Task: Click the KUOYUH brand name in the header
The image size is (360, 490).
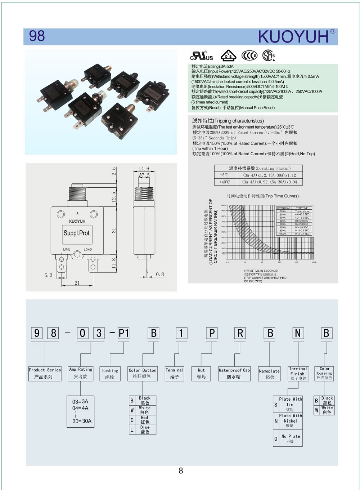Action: [x=293, y=37]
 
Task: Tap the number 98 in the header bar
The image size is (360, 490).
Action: [x=37, y=36]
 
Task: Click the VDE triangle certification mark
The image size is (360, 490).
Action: [x=228, y=56]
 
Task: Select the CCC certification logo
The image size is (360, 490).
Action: [x=249, y=55]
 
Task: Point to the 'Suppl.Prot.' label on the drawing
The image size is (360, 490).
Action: [x=77, y=233]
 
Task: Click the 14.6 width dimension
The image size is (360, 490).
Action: [x=144, y=169]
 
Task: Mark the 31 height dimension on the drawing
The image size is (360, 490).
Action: [x=114, y=231]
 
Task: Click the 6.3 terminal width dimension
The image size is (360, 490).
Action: [x=48, y=275]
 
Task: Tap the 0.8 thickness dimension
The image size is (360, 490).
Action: [x=160, y=275]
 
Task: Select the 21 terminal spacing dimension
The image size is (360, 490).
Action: [x=77, y=283]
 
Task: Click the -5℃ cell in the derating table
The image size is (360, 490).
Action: [x=225, y=175]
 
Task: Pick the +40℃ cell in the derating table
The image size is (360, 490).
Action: [x=225, y=182]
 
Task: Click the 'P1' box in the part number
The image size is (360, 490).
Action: [x=123, y=333]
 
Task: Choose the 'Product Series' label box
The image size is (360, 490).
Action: [x=45, y=373]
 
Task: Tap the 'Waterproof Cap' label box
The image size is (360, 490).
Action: [x=234, y=373]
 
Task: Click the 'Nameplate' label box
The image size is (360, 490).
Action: [x=269, y=374]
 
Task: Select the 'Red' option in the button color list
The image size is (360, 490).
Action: [x=144, y=420]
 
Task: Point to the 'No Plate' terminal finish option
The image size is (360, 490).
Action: [x=290, y=438]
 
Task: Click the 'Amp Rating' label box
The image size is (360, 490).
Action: [x=81, y=373]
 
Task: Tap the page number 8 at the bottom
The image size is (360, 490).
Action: [x=181, y=471]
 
